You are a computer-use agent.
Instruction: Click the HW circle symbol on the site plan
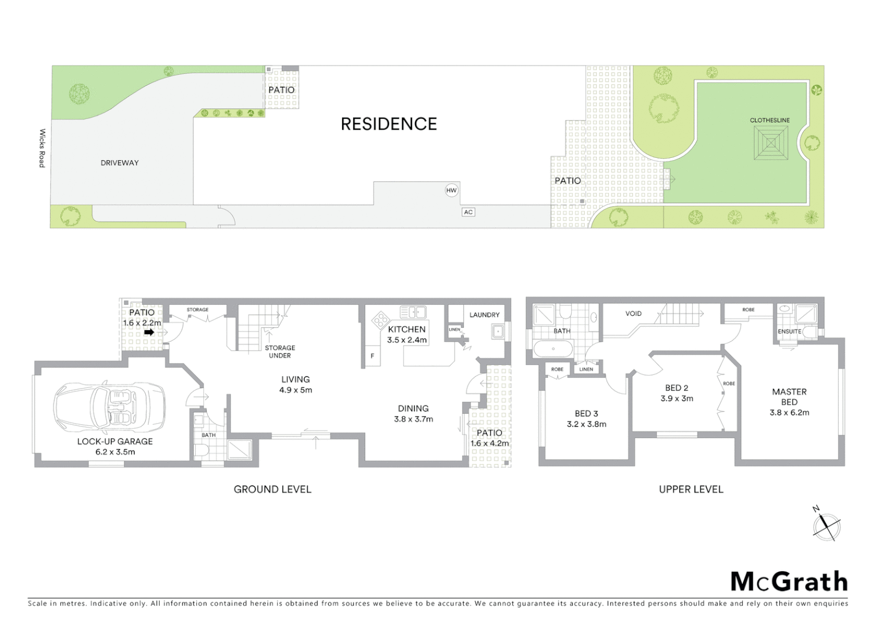tap(452, 191)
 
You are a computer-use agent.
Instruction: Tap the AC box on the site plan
tap(468, 212)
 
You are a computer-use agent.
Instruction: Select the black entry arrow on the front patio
tap(149, 332)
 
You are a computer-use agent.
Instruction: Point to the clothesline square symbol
tap(770, 143)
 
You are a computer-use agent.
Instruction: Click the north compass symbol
tap(826, 526)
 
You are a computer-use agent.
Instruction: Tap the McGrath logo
tap(789, 582)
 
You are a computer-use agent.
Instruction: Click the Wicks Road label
tap(42, 148)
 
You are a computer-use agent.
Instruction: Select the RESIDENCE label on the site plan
tap(389, 124)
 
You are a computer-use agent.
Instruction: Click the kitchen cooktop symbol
tap(380, 320)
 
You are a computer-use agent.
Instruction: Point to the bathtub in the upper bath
tap(553, 348)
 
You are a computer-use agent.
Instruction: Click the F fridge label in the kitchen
tap(372, 356)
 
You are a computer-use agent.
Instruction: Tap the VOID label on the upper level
tap(634, 313)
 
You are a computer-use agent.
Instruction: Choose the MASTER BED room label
tap(789, 397)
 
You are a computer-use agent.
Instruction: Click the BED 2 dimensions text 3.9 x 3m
tap(677, 398)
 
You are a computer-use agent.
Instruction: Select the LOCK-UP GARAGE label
tap(115, 441)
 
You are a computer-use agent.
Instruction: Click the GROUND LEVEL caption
tap(272, 489)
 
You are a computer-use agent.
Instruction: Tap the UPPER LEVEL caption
tap(691, 489)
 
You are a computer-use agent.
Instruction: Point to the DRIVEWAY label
tap(119, 163)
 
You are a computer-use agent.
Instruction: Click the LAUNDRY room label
tap(484, 315)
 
